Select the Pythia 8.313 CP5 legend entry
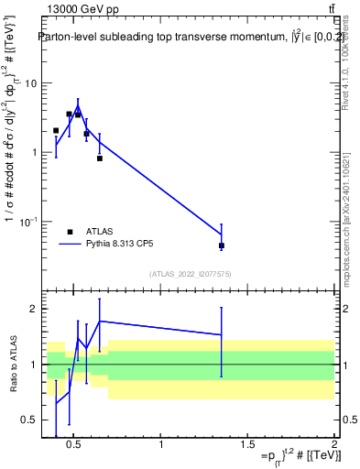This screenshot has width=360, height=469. coord(121,245)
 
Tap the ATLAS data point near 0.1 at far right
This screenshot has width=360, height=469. coord(222,245)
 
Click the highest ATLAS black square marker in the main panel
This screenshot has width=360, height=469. coord(69,115)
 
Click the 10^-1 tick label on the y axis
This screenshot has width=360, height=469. coord(27,222)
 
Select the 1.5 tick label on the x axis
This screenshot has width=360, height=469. coord(247,446)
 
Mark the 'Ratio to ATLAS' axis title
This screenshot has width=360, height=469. coord(14,365)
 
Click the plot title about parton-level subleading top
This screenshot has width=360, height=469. coord(179,38)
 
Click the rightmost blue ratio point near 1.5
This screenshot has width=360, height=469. coord(222,335)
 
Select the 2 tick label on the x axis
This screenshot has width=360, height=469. coord(333,446)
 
